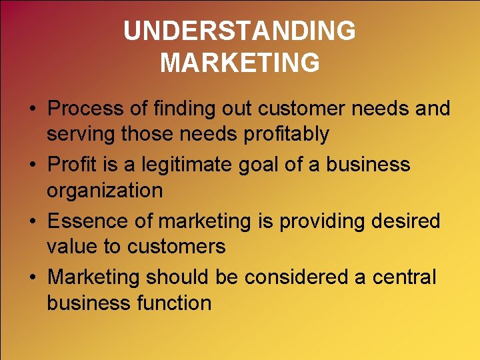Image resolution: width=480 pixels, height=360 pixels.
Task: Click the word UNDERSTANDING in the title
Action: (239, 31)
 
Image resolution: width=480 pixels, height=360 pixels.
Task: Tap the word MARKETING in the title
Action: (239, 63)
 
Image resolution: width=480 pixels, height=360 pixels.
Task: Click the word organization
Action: (105, 191)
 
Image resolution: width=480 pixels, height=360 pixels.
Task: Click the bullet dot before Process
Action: (31, 109)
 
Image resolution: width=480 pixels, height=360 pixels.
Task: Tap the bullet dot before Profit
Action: (31, 165)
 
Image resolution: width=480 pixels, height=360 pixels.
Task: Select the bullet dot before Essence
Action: (31, 221)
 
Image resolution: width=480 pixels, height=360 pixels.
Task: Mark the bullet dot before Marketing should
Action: (31, 277)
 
